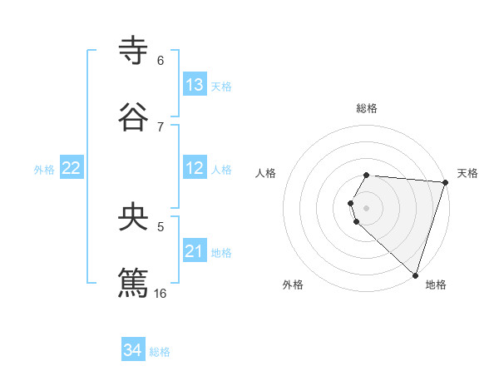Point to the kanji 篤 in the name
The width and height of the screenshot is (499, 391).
coord(133,281)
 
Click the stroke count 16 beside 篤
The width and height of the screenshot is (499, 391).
coord(161,293)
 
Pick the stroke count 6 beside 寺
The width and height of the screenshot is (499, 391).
coord(161,61)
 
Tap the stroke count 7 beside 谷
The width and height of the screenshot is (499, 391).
coord(161,126)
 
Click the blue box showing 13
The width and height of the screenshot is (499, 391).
coord(195,85)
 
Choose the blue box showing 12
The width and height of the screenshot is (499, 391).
coord(195,168)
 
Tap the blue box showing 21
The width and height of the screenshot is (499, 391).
coord(195,251)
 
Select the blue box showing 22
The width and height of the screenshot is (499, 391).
coord(72,168)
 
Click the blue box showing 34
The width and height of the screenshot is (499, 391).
coord(133,350)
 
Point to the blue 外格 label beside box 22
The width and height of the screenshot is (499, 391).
coord(44,170)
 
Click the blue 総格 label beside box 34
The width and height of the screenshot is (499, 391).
coord(160,352)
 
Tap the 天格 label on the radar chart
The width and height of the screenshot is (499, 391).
coord(467,173)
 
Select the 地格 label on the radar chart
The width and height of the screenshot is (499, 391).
coord(436,285)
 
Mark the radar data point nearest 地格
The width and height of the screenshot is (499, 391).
coord(415,275)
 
